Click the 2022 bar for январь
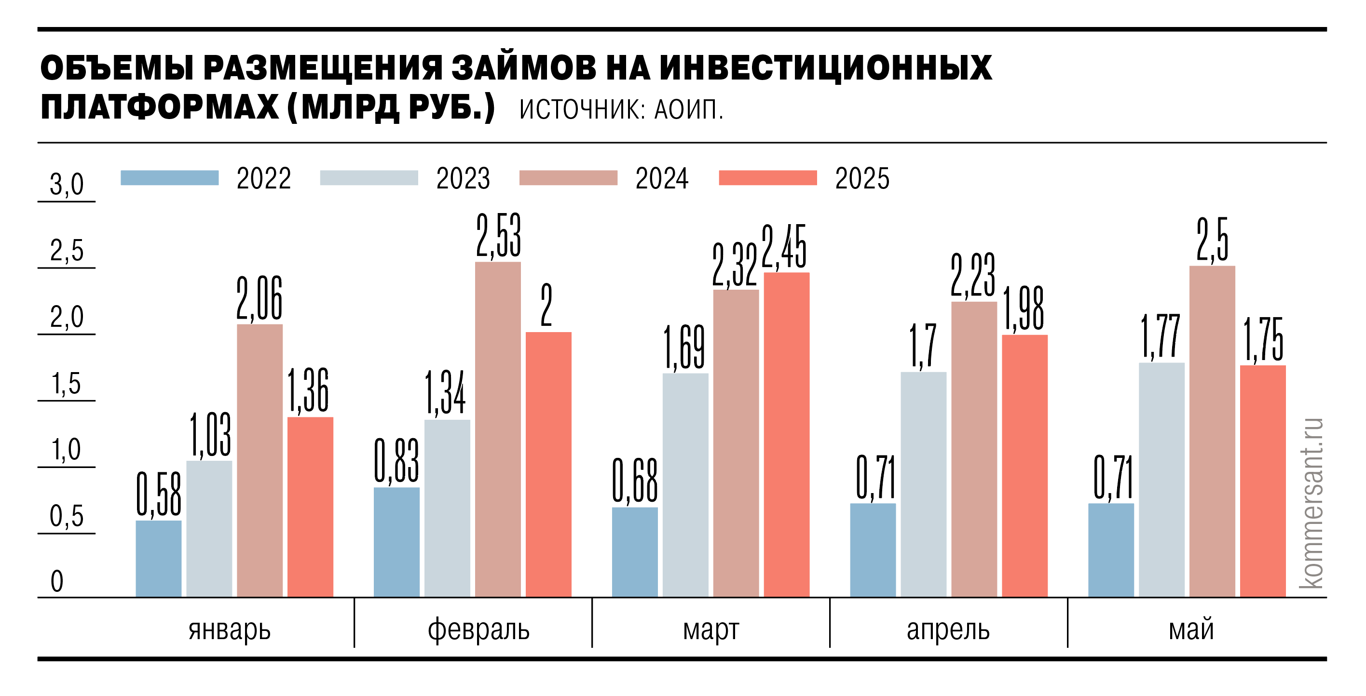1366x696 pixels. pyautogui.click(x=159, y=559)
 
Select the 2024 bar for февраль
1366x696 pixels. pyautogui.click(x=498, y=429)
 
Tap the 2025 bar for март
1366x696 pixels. pyautogui.click(x=786, y=435)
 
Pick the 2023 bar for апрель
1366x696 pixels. pyautogui.click(x=923, y=484)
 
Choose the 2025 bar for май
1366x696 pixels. pyautogui.click(x=1263, y=482)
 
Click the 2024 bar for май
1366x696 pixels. pyautogui.click(x=1212, y=431)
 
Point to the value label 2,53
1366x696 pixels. pyautogui.click(x=498, y=236)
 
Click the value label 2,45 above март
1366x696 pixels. pyautogui.click(x=784, y=247)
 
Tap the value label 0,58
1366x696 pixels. pyautogui.click(x=159, y=495)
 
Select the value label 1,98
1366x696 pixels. pyautogui.click(x=1024, y=308)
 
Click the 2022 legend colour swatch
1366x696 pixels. pyautogui.click(x=170, y=177)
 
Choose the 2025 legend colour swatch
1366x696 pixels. pyautogui.click(x=767, y=177)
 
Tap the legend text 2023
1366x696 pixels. pyautogui.click(x=463, y=179)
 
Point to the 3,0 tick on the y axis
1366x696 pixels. pyautogui.click(x=67, y=185)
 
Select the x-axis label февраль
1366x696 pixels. pyautogui.click(x=478, y=630)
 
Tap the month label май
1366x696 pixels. pyautogui.click(x=1191, y=630)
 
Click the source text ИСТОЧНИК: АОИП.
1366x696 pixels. pyautogui.click(x=621, y=110)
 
